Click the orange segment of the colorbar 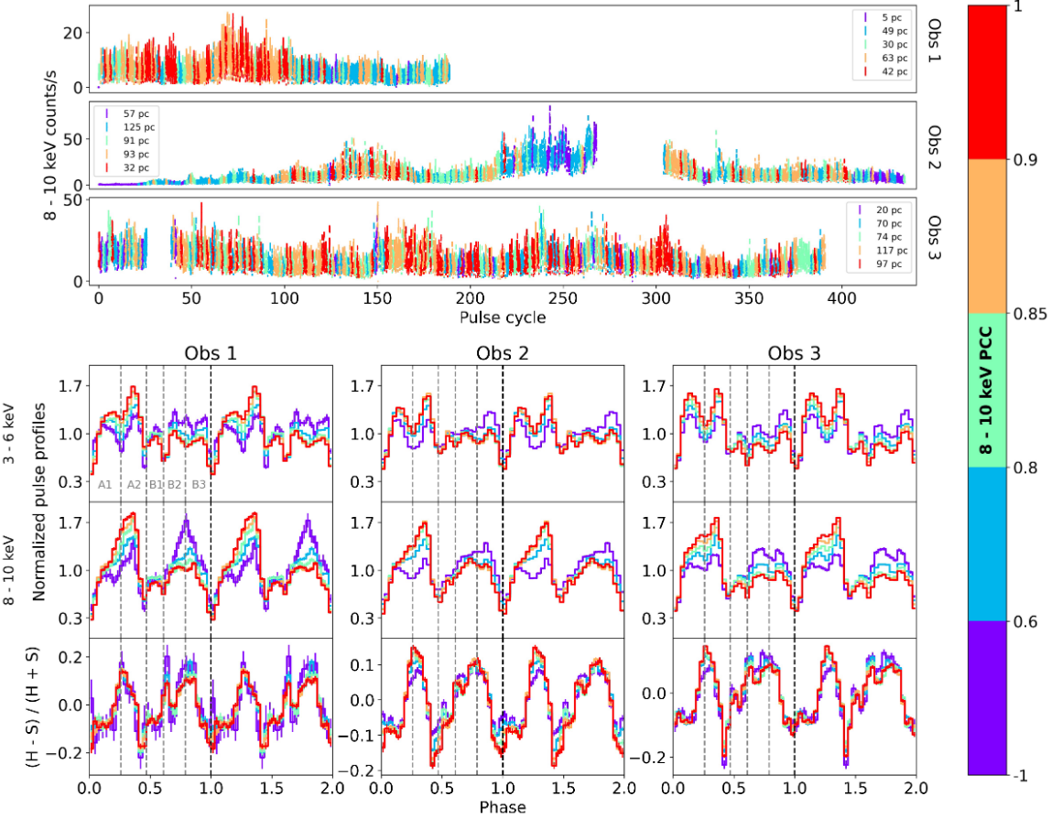(x=988, y=236)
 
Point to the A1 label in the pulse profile (x=104, y=485)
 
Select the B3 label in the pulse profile (x=198, y=485)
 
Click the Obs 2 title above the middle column (x=502, y=354)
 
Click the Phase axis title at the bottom (x=502, y=807)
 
